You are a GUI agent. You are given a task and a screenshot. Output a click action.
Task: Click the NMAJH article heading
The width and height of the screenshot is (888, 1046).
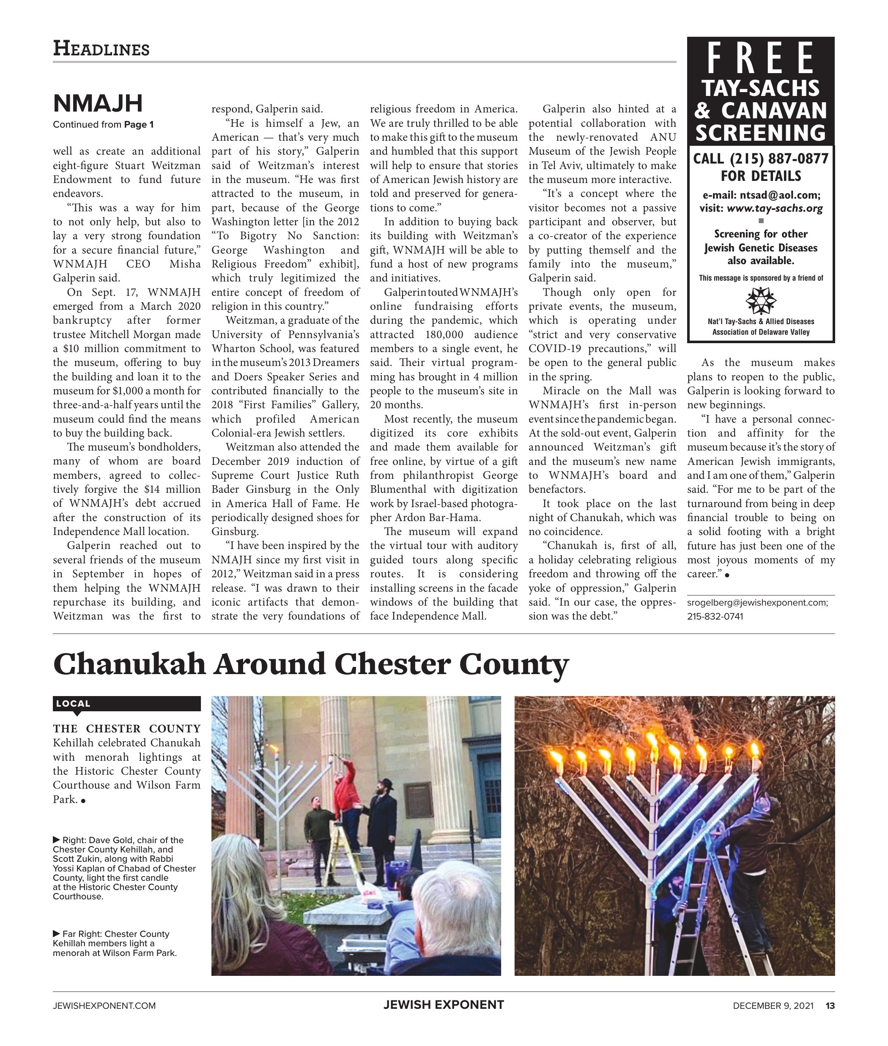tap(98, 104)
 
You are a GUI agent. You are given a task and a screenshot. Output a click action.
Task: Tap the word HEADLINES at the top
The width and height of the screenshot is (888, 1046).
tap(101, 49)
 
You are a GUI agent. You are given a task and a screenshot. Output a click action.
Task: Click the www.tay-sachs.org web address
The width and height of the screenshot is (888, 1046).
tap(775, 208)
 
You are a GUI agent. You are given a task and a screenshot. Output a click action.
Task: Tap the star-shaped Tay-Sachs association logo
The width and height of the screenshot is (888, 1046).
tap(761, 300)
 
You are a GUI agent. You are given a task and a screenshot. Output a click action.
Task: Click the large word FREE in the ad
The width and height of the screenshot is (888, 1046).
tap(760, 58)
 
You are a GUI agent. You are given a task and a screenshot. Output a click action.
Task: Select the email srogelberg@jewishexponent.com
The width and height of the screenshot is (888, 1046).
tap(757, 603)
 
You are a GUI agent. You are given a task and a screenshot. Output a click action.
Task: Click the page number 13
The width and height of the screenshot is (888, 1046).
tap(830, 1006)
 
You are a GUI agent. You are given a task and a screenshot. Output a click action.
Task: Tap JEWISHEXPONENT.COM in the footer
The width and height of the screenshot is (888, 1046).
tap(104, 1006)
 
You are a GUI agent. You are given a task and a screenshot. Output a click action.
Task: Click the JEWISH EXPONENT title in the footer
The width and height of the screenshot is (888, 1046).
tap(444, 1005)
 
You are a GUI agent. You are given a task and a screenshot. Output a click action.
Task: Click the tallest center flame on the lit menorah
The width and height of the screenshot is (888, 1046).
tap(652, 740)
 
